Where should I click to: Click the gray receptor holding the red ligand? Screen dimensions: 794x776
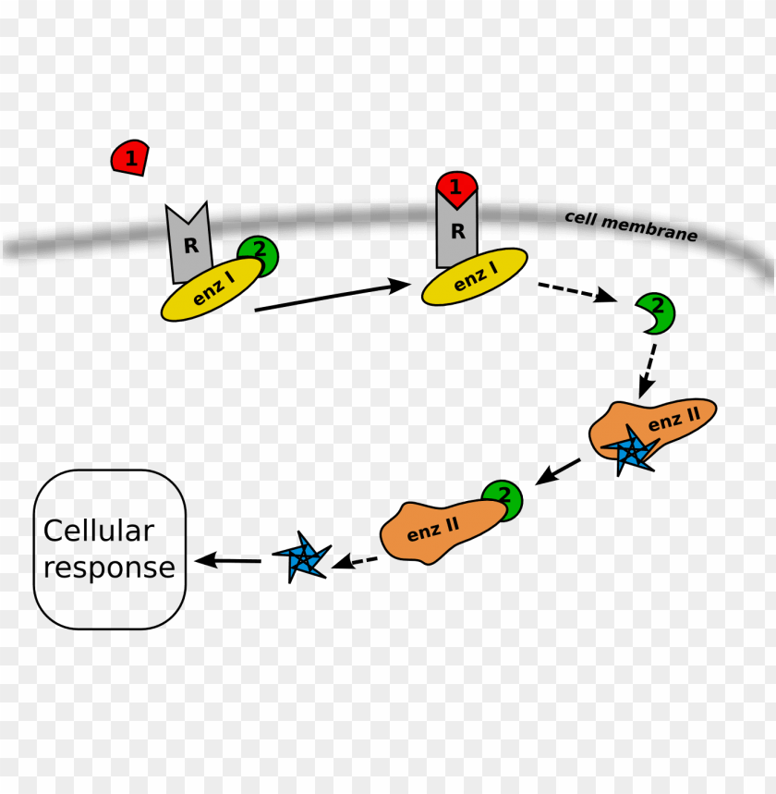(x=456, y=233)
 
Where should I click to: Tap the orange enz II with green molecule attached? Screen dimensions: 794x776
(x=435, y=530)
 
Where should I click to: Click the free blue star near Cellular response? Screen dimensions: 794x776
(x=300, y=557)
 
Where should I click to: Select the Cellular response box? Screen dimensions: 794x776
(x=110, y=549)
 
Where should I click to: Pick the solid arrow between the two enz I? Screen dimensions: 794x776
(x=331, y=297)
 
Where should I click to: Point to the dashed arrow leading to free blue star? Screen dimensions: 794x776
(x=356, y=560)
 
